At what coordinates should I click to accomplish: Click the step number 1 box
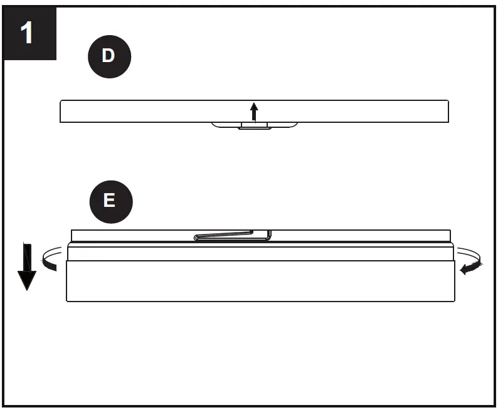tap(29, 33)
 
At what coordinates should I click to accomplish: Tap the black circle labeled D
tap(109, 56)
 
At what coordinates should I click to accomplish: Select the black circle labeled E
tap(109, 201)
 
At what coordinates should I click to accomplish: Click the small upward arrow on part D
tap(253, 111)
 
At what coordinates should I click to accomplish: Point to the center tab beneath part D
tap(254, 125)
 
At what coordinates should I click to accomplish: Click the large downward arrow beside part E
tap(26, 267)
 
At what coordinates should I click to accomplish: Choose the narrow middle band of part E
tap(260, 252)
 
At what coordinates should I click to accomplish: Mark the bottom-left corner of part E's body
tap(68, 300)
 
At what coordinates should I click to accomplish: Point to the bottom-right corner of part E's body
tap(453, 300)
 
